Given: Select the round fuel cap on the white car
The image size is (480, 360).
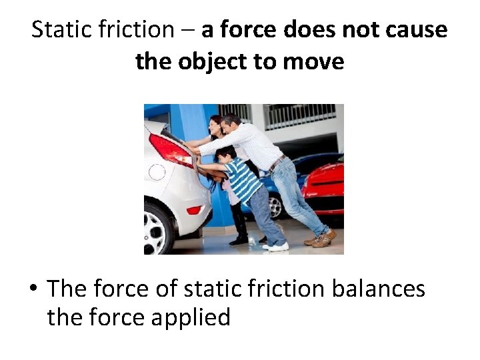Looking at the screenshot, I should (156, 172).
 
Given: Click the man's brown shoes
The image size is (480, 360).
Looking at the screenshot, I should (321, 238).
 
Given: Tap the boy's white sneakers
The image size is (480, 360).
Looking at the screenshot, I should (277, 246).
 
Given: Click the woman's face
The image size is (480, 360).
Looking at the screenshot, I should (216, 125).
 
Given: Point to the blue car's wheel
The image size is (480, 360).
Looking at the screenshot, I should (274, 207).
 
